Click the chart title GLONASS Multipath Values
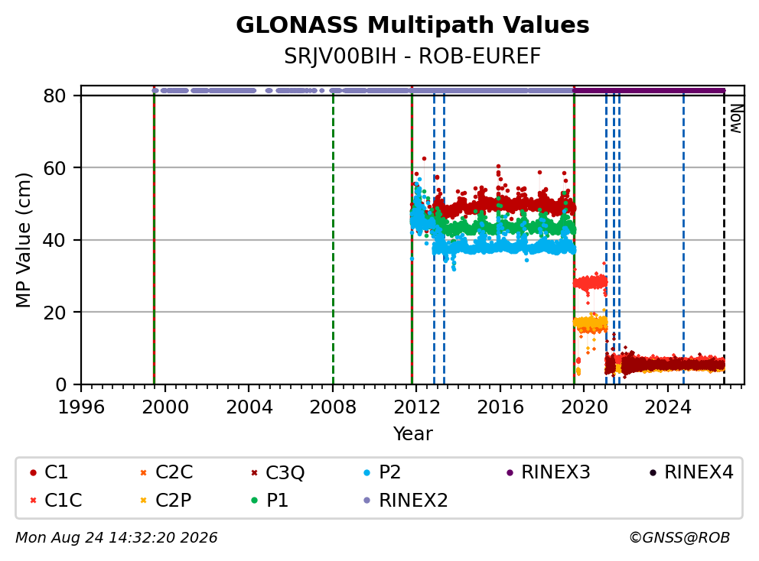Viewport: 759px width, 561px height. [x=412, y=25]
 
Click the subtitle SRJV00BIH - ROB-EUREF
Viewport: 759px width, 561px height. [x=412, y=57]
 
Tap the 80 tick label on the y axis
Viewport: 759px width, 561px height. [x=54, y=96]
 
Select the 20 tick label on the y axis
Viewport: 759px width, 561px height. [x=54, y=313]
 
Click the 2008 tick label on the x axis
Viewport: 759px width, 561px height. [x=333, y=407]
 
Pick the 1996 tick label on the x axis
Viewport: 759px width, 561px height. [x=81, y=407]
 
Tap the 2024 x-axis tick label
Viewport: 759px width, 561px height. [x=667, y=407]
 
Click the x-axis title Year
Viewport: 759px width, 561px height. [x=412, y=434]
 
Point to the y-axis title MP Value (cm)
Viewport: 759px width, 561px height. [x=23, y=240]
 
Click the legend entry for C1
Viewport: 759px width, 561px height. [x=49, y=472]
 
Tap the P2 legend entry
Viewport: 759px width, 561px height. [x=383, y=472]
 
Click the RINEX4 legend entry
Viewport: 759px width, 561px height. [x=692, y=472]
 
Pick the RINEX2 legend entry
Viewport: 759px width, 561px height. [x=406, y=500]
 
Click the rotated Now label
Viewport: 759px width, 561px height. [x=736, y=119]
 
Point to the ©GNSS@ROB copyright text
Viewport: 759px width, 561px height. [x=679, y=538]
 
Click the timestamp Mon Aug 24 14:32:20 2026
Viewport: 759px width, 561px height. [x=116, y=538]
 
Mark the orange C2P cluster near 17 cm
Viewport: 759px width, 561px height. [x=590, y=323]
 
